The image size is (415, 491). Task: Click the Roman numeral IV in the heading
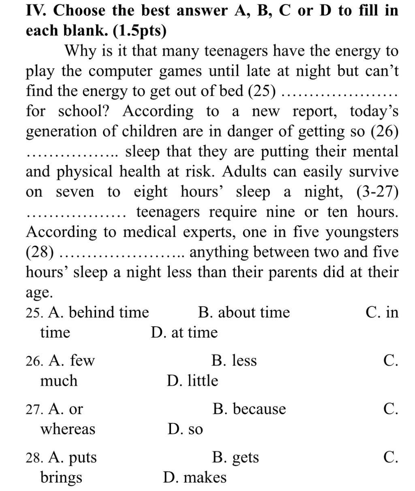36,11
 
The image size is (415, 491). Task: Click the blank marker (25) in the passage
261,91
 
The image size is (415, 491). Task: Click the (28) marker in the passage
40,253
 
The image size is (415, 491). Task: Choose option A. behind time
98,312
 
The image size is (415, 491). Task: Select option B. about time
244,312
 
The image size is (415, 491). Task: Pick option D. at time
184,333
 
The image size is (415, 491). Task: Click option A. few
71,360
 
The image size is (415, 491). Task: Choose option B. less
234,360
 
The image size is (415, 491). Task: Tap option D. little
193,381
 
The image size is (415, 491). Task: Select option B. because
249,409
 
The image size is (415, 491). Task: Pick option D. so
185,429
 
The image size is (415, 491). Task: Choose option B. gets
235,457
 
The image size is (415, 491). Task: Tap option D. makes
195,478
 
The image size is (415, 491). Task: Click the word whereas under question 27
68,429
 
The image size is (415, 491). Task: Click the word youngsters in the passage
362,232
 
